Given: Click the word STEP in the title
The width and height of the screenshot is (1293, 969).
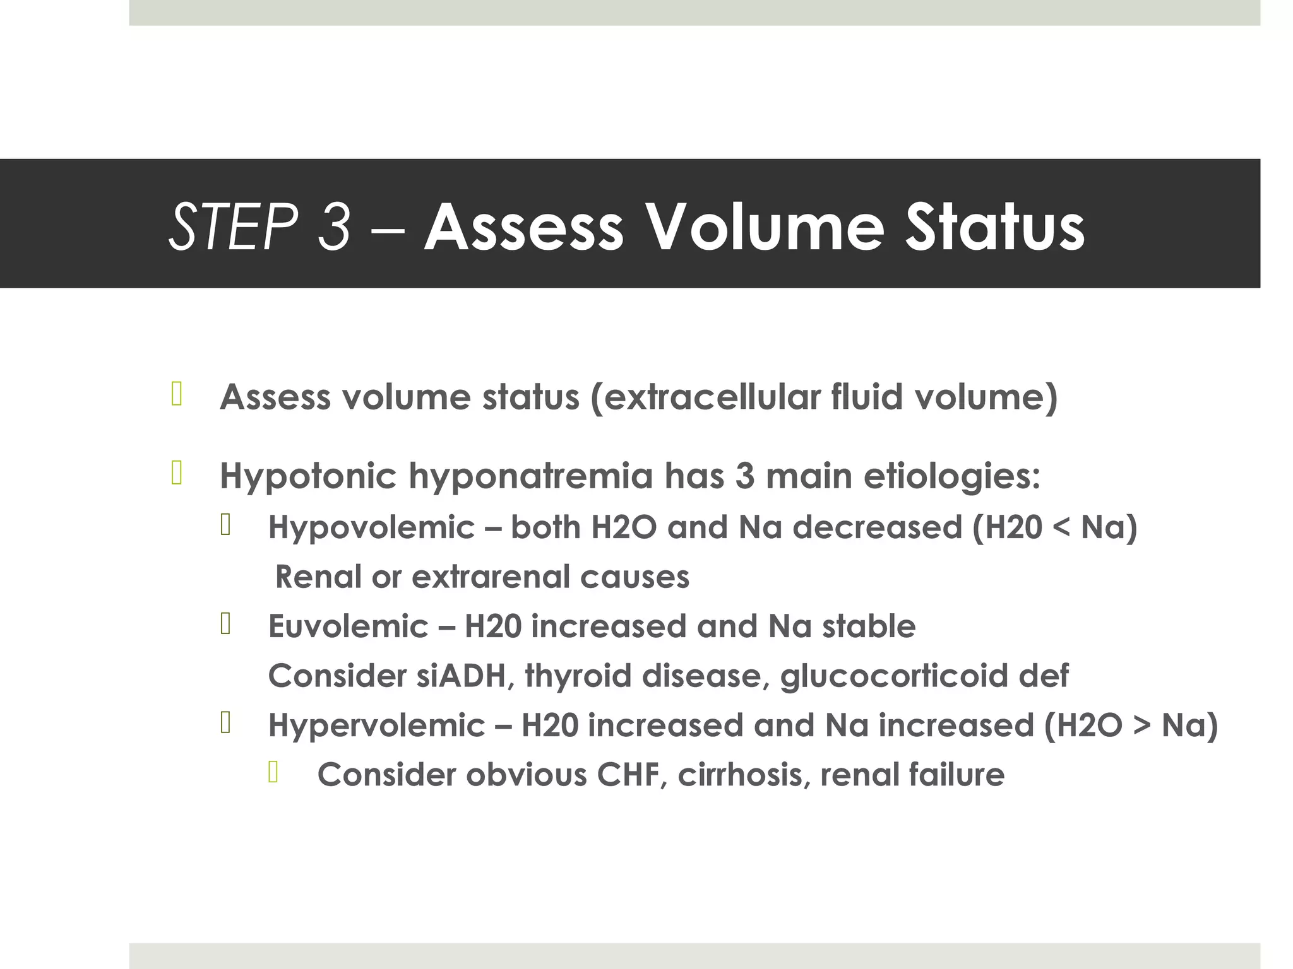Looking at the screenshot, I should [233, 227].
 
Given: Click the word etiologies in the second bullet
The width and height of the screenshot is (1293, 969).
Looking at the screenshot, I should [951, 476].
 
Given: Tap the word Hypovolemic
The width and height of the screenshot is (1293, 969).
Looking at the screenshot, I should [371, 527].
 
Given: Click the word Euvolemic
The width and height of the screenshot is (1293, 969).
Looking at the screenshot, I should [348, 626].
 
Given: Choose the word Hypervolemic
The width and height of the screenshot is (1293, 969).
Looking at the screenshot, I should [376, 725].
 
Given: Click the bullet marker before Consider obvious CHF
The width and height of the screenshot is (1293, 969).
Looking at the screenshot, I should [273, 772].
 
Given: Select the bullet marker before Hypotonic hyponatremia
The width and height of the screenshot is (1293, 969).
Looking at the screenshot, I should [176, 473].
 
